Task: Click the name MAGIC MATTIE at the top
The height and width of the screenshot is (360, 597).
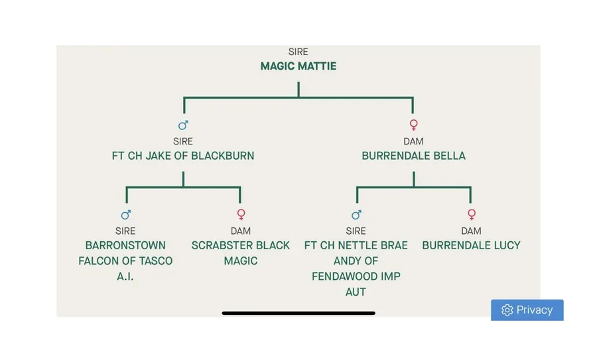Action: point(298,66)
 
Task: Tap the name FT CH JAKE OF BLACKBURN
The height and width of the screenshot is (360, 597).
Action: point(183,156)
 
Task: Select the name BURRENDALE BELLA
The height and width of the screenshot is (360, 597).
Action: point(413,156)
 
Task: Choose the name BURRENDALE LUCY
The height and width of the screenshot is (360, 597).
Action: point(471,245)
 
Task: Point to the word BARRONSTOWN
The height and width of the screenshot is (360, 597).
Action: point(125,245)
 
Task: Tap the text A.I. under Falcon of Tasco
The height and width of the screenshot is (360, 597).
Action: point(125,276)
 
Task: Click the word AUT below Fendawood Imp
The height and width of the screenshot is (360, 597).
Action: point(356,292)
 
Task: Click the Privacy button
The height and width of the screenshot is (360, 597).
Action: point(527,310)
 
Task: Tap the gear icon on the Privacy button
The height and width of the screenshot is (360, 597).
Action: point(507,310)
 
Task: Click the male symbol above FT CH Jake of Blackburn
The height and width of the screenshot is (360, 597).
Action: point(183,125)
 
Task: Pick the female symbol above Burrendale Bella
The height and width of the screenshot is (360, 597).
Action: point(413,125)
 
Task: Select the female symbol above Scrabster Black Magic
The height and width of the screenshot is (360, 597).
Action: point(241,215)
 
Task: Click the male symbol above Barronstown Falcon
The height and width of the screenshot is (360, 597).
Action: point(126,215)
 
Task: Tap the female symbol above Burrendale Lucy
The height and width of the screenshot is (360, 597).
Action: point(471,215)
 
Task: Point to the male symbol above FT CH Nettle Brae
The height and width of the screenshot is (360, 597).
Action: point(356,215)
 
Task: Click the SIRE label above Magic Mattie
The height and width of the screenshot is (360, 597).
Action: point(298,52)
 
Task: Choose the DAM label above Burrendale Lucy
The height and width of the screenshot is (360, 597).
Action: point(471,231)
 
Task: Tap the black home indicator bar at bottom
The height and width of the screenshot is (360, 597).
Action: point(298,313)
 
